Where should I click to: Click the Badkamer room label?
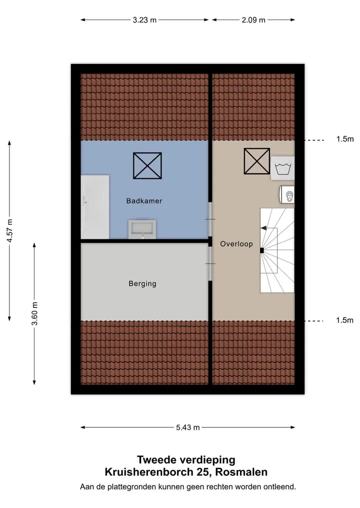144,201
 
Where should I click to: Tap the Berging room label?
142,284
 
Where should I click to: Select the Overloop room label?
236,244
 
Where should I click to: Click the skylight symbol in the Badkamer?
147,166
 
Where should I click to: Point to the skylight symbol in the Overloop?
256,161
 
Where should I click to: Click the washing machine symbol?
283,168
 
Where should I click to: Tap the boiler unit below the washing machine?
286,194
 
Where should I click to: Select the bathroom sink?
142,229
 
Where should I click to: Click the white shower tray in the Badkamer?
94,207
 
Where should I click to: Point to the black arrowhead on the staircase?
263,228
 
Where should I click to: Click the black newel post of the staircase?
261,250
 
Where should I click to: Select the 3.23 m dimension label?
144,20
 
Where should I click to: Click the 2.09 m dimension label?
253,20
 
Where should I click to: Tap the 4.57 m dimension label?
10,231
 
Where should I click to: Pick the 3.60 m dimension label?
35,313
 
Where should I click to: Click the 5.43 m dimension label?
188,427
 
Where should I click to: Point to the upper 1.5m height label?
345,139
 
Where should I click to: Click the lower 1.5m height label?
345,320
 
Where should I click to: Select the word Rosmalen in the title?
241,472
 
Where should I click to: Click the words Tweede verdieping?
186,460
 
